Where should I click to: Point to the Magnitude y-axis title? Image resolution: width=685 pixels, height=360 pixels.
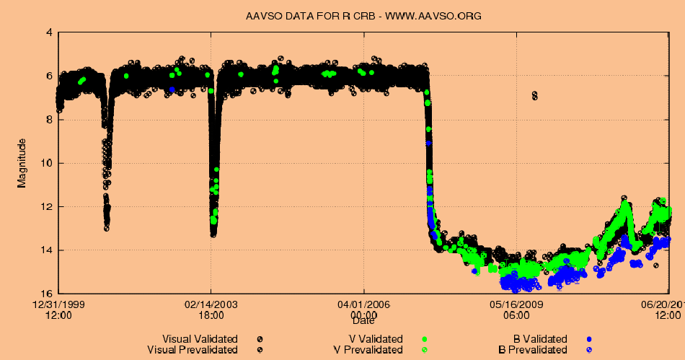pyautogui.click(x=22, y=162)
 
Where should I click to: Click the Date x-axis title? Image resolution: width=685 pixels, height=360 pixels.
pyautogui.click(x=363, y=320)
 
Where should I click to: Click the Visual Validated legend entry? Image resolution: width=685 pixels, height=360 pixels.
pyautogui.click(x=200, y=339)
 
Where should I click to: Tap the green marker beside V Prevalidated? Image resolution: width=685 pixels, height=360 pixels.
pyautogui.click(x=425, y=350)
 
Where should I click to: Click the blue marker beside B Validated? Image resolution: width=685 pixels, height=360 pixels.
pyautogui.click(x=589, y=339)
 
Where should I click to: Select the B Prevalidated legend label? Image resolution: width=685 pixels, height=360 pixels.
pyautogui.click(x=533, y=350)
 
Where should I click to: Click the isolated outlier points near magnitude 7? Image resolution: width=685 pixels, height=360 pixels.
pyautogui.click(x=534, y=95)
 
